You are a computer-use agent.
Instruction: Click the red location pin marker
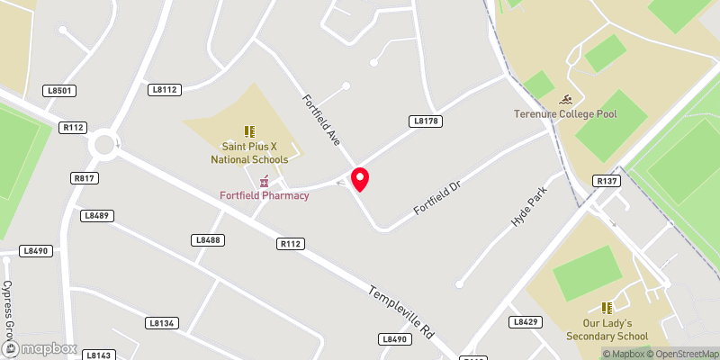tap(360, 179)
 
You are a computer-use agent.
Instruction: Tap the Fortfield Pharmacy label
tap(265, 195)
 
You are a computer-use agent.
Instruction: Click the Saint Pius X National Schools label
tap(249, 152)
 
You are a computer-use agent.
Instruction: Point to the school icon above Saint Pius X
tap(249, 131)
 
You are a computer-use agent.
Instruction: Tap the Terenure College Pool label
tap(565, 114)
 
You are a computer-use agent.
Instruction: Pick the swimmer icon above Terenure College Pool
tap(566, 99)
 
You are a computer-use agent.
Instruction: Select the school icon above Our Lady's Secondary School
tap(607, 308)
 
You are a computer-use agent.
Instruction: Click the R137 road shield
tap(607, 181)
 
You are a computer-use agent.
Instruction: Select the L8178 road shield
tap(425, 121)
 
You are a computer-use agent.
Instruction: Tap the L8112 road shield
tap(166, 89)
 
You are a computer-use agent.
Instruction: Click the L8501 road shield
tap(58, 91)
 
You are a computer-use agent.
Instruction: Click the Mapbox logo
tap(40, 348)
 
